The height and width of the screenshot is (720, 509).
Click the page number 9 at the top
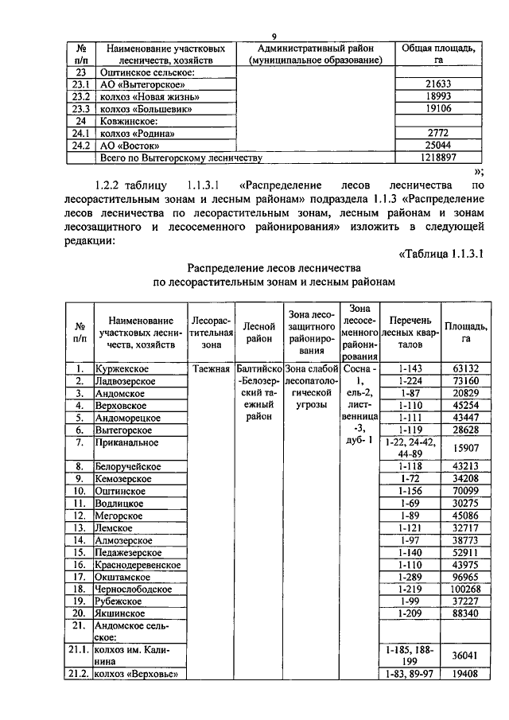pos(274,35)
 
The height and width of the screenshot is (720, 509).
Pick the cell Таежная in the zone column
pos(211,368)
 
